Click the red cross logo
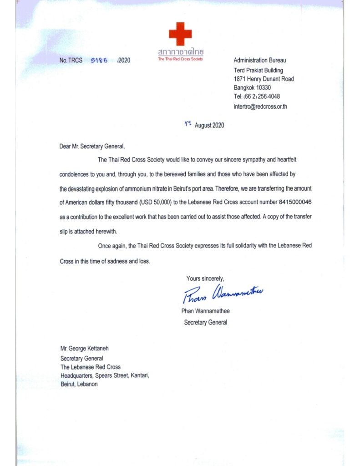180,34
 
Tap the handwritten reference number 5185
99,60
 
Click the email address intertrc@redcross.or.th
260,106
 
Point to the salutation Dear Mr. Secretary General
91,147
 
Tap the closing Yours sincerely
205,279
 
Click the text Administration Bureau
260,60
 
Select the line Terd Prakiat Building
258,70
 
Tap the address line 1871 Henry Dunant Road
264,79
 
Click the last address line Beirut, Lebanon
79,384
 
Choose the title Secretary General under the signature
205,322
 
